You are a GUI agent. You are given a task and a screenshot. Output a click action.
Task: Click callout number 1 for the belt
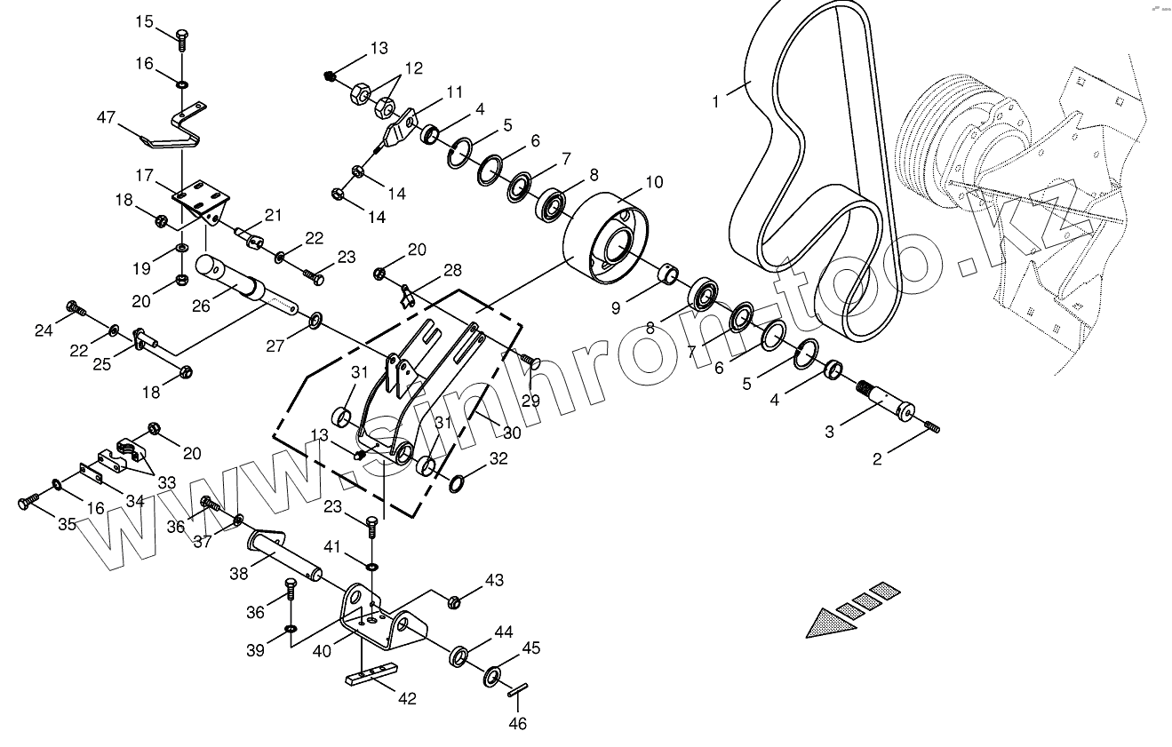tap(716, 103)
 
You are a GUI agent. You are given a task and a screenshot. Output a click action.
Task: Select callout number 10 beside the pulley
tap(653, 183)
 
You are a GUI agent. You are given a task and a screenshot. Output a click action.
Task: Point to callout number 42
tap(406, 699)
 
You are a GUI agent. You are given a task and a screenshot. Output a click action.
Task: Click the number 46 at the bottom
tap(517, 724)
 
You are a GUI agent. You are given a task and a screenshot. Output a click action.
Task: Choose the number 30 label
tap(512, 433)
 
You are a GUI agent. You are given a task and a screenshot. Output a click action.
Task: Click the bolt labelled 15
tap(182, 38)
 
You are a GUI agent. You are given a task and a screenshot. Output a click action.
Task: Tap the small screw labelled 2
tap(931, 428)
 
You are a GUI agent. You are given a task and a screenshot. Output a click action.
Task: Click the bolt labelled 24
tap(76, 309)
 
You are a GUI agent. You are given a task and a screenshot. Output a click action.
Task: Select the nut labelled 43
tap(453, 602)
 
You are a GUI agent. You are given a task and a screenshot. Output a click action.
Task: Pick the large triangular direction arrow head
tap(831, 622)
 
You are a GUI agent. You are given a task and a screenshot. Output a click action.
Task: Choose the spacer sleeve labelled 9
tap(669, 272)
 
